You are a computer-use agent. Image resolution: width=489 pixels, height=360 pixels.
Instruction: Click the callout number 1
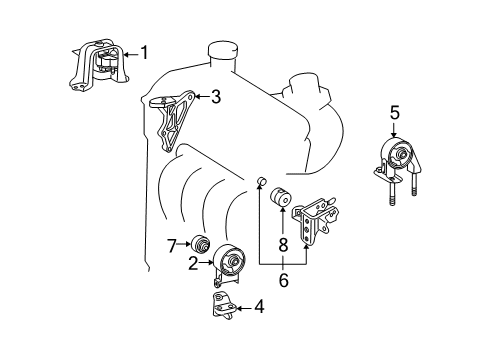click(x=144, y=52)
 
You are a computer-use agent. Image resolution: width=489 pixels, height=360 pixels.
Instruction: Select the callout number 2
click(x=193, y=264)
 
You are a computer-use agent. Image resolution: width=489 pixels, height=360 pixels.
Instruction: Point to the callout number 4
click(x=259, y=308)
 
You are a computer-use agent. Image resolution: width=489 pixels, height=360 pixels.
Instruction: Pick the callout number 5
click(x=394, y=113)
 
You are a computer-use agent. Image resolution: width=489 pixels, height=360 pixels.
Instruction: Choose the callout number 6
click(x=283, y=283)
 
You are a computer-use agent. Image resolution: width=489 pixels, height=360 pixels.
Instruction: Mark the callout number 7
click(x=171, y=243)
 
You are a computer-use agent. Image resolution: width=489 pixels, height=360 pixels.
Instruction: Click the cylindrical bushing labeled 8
click(x=283, y=198)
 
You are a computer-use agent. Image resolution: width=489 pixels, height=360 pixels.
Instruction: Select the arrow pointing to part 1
click(x=128, y=53)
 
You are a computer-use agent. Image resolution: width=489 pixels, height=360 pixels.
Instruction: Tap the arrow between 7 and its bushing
click(x=183, y=243)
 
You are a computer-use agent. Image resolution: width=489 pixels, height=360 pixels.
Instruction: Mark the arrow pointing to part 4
click(x=243, y=309)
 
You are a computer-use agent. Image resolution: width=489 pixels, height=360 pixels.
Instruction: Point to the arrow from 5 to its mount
click(x=394, y=131)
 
